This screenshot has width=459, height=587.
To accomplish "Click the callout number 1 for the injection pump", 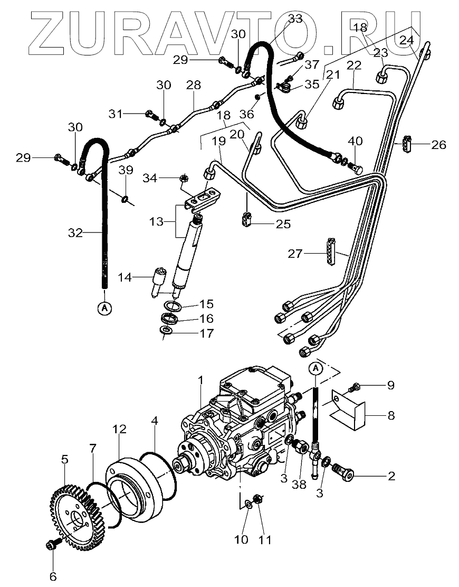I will tap(200, 380).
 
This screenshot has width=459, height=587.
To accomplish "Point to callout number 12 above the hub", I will tap(119, 430).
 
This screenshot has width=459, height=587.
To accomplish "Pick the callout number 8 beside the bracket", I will tap(390, 415).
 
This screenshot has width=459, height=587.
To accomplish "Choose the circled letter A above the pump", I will tap(315, 368).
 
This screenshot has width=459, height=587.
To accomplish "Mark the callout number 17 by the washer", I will tap(206, 333).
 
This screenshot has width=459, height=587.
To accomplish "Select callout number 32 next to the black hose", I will tap(75, 232).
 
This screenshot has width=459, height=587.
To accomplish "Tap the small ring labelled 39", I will tap(125, 199).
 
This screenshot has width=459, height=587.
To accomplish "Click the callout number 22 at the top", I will tap(354, 65).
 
